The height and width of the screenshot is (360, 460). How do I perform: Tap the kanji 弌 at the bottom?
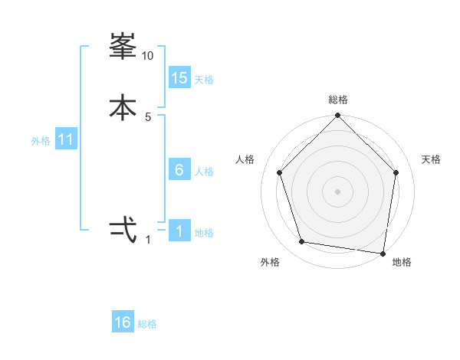(123, 229)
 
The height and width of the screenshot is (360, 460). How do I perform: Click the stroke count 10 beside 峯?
(148, 56)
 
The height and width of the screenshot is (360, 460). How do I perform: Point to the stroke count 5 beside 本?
(148, 116)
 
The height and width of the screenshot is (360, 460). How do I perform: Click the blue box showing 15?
(179, 78)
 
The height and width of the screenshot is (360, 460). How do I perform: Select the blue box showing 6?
(179, 170)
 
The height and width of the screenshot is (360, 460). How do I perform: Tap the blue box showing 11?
(66, 140)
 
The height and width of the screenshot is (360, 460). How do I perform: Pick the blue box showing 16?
(123, 322)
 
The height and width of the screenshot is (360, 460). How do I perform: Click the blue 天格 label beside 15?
(204, 80)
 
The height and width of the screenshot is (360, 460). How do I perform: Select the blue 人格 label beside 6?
(204, 172)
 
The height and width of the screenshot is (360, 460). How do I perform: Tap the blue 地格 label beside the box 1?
(204, 233)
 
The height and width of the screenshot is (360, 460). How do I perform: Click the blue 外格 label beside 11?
(41, 141)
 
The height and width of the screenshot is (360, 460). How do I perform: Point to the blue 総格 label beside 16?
(147, 324)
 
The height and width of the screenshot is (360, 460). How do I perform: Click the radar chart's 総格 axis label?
(338, 100)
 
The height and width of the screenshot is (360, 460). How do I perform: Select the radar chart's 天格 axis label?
(431, 159)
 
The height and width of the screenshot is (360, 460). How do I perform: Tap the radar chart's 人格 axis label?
(245, 159)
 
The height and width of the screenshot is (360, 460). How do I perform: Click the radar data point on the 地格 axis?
(383, 252)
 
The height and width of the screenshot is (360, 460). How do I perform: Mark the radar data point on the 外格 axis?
(302, 242)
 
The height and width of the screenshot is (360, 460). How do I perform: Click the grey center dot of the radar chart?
(337, 191)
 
